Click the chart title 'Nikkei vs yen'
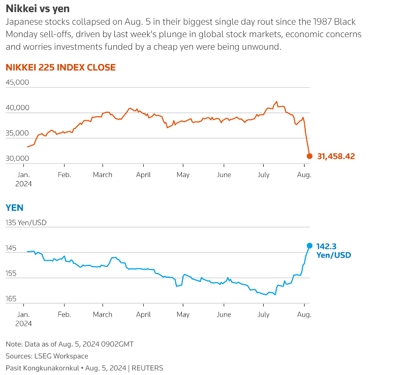38,9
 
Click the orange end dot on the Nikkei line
309,156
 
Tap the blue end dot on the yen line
309,245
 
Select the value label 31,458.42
336,156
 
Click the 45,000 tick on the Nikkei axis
18,82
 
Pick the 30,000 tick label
18,158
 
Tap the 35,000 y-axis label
18,133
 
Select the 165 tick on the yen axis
11,299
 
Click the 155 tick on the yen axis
11,274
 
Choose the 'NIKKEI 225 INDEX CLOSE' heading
60,67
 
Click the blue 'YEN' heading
14,208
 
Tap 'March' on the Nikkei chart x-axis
103,175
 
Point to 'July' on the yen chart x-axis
263,315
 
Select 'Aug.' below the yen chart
304,315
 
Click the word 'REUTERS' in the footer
147,368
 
